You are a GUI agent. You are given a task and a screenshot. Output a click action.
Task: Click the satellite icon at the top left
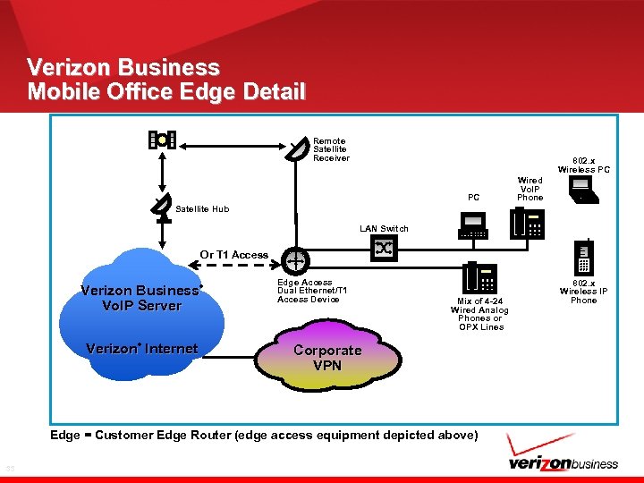coord(162,140)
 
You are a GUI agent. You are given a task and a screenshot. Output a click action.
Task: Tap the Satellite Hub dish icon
coord(161,207)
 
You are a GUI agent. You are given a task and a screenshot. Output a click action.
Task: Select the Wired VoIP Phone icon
coord(528,224)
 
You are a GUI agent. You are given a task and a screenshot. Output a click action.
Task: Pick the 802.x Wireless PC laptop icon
coord(581,189)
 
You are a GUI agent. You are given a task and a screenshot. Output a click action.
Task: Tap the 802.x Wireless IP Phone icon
coord(583,258)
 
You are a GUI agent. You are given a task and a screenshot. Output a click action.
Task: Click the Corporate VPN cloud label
coord(327,358)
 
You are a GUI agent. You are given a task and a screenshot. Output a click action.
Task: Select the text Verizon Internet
coord(141,349)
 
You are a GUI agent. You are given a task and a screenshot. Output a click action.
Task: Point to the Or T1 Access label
coord(233,255)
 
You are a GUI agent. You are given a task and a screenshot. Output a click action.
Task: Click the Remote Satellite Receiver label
coord(329,149)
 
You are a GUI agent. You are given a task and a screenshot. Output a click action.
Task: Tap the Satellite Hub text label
coord(202,209)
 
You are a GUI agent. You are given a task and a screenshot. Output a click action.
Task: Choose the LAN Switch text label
coord(384,229)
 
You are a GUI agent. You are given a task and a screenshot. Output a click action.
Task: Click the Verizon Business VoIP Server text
coord(143,298)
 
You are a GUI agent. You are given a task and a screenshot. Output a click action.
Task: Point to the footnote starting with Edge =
coord(264,435)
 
